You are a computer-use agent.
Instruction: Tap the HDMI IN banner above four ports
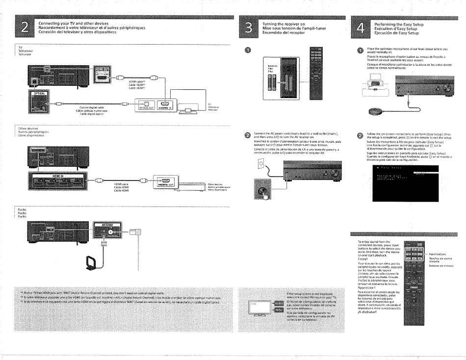[x=51, y=175]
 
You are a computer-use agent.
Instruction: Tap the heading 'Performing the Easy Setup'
[x=398, y=24]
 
